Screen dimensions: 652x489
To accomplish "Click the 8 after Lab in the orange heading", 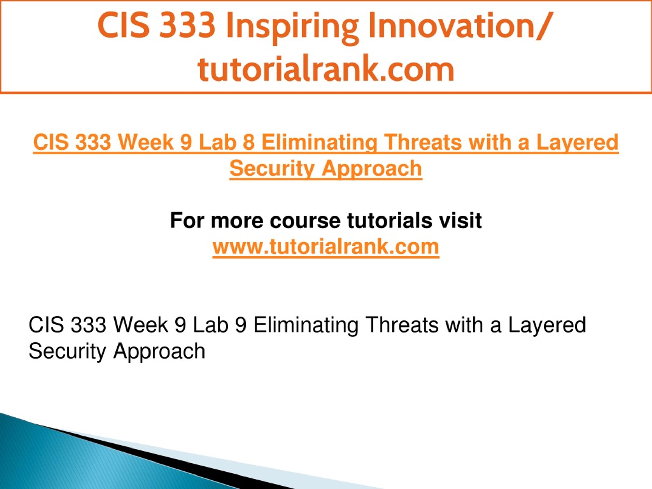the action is point(249,142).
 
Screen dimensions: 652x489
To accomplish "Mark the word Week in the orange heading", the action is point(146,142).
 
